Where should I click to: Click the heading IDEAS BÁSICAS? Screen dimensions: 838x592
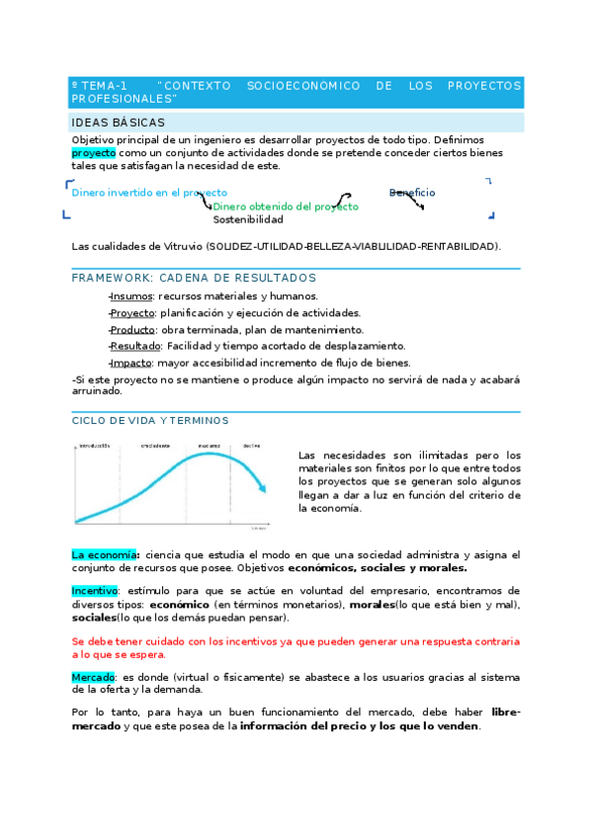[111, 123]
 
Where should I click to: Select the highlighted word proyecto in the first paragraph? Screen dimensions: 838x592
[94, 153]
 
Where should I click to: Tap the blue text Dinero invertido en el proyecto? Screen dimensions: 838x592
[149, 193]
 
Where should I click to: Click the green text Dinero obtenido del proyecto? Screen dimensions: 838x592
[286, 207]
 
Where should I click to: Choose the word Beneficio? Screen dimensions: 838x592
[411, 193]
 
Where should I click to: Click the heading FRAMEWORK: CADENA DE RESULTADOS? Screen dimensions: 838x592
[194, 278]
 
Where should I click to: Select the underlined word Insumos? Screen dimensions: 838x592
[132, 295]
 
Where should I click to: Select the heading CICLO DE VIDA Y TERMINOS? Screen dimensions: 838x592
[150, 420]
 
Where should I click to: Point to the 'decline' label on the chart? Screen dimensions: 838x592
[251, 445]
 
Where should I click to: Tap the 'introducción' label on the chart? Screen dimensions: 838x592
[94, 445]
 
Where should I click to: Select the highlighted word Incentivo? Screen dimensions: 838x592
[95, 590]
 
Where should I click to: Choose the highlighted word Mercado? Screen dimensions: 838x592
[93, 677]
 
